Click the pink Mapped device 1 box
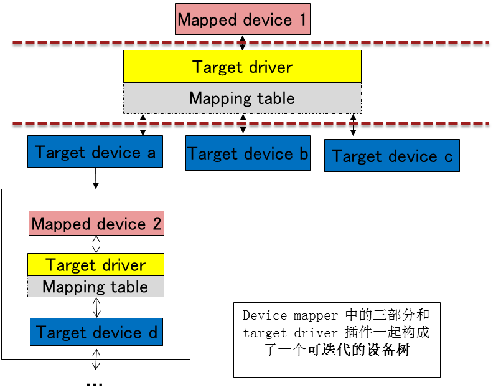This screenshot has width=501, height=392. pos(242,19)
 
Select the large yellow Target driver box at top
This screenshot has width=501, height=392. pos(242,67)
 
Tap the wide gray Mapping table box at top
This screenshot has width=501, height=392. pos(242,98)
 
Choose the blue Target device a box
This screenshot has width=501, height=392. pos(95,152)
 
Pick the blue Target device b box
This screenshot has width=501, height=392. pos(248,153)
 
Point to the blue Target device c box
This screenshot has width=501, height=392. pos(391,156)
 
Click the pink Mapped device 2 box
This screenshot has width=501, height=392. pos(96,224)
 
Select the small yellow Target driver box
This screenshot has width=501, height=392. pos(96,265)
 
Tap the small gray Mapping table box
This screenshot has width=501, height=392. pos(96,287)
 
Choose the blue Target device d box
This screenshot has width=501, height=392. pos(96,332)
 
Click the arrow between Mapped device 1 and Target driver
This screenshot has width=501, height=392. pos(243,42)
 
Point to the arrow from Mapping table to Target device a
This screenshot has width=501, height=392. pos(143,124)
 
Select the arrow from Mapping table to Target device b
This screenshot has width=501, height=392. pos(243,124)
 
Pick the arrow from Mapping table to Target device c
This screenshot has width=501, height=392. pos(354,125)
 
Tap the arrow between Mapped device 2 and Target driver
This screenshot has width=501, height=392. pos(96,244)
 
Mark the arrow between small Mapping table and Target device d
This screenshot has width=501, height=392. pos(96,307)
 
